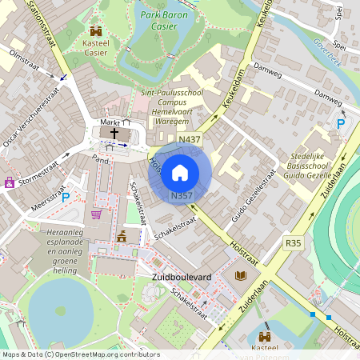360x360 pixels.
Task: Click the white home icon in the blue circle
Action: (180, 172)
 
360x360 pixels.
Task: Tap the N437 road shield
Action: (190, 139)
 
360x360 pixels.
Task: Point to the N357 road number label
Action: (181, 195)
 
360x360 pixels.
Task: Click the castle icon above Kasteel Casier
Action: (96, 30)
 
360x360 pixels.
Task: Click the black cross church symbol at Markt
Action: (114, 133)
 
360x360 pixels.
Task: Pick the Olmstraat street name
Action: (23, 58)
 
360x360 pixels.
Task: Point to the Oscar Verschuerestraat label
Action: (31, 116)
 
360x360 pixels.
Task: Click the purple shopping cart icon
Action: (97, 214)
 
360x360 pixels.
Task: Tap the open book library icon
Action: (241, 276)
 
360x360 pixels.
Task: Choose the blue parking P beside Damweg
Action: (342, 124)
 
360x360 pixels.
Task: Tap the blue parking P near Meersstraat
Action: (66, 197)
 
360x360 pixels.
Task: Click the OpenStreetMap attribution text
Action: (80, 354)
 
